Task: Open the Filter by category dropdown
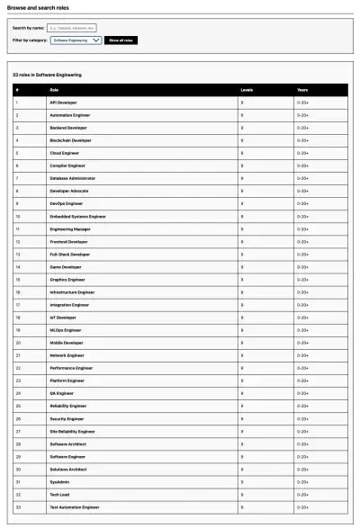point(76,40)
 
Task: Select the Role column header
point(54,90)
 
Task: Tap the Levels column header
point(247,90)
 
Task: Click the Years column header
point(302,90)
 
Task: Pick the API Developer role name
point(64,103)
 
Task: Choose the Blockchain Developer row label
point(70,140)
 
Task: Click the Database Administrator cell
point(72,178)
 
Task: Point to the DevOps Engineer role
point(67,203)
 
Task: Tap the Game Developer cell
point(66,266)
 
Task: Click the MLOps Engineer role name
point(66,329)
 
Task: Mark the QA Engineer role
point(62,393)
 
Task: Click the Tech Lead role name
point(59,494)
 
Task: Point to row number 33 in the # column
point(17,507)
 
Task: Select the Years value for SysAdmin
point(303,481)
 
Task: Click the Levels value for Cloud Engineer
point(241,153)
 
